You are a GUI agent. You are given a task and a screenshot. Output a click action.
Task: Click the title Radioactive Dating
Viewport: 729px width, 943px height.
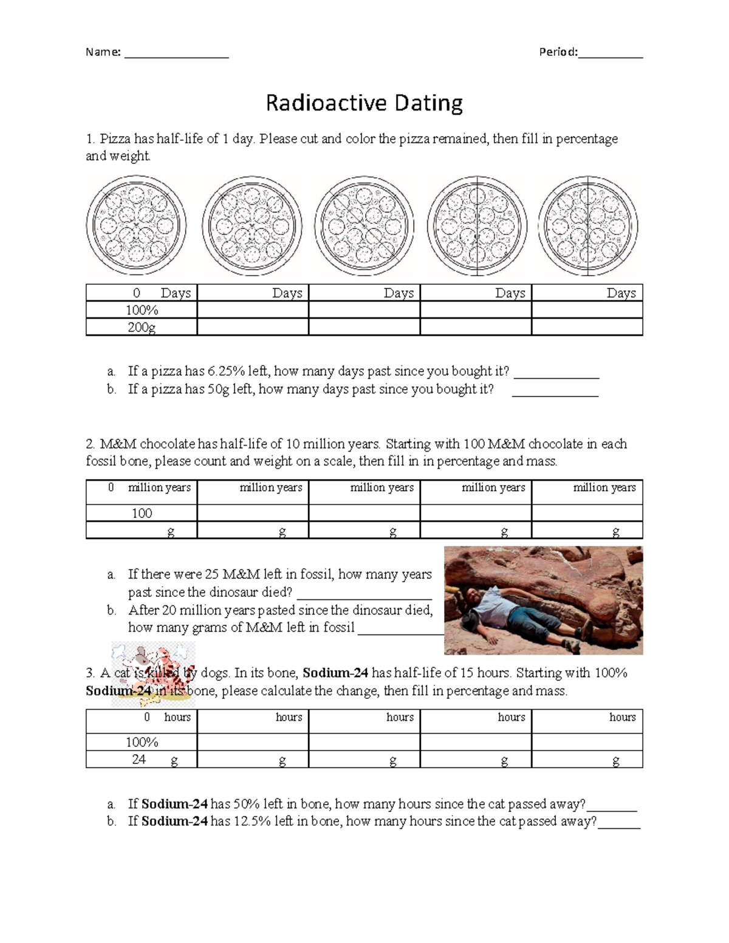(364, 103)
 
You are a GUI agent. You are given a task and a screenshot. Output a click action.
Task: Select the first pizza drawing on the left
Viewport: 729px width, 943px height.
(136, 225)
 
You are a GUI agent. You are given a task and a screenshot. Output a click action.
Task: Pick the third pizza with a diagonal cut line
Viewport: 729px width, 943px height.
(364, 226)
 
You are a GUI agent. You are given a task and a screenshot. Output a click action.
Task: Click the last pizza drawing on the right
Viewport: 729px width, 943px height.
(587, 226)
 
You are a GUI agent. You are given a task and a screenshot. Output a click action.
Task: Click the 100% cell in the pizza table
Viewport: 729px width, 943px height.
(142, 310)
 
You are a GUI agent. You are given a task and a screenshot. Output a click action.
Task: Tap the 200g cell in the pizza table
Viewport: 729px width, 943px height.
(142, 327)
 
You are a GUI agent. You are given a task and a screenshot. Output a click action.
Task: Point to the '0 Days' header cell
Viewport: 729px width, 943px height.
(142, 293)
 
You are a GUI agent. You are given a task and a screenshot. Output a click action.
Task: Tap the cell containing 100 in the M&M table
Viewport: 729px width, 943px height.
(142, 513)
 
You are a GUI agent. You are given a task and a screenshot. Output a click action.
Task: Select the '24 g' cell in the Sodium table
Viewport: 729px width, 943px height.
(142, 760)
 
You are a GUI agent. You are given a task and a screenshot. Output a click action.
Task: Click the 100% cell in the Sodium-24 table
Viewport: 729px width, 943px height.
(142, 742)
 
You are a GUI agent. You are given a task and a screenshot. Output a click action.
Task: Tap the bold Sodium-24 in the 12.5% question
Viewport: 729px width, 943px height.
(175, 822)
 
